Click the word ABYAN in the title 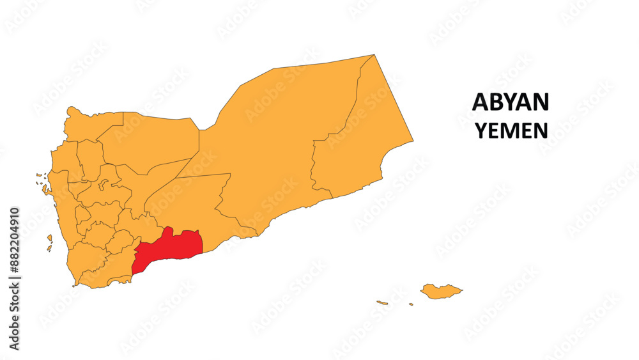tap(510, 102)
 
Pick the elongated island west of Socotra tap(382, 302)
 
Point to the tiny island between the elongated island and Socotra tap(411, 304)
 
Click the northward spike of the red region tap(168, 231)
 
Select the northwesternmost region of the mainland tap(89, 125)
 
